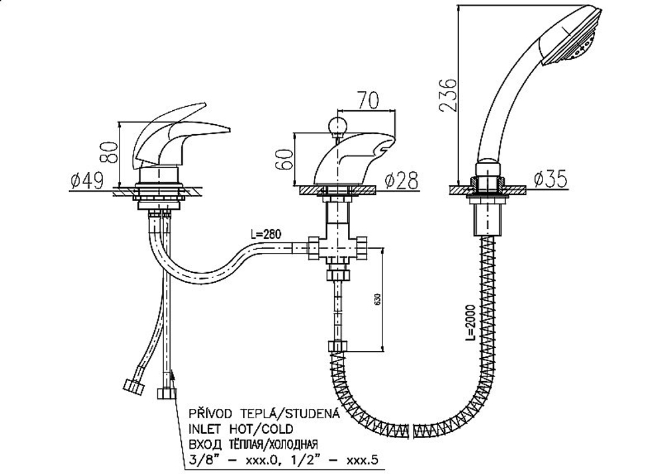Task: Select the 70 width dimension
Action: click(x=368, y=100)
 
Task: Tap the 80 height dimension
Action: click(x=108, y=153)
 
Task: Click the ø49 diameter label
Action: click(x=87, y=181)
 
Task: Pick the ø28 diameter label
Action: click(x=401, y=181)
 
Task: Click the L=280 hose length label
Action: click(x=266, y=234)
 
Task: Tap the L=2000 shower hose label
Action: click(x=473, y=324)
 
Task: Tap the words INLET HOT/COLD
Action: click(x=241, y=429)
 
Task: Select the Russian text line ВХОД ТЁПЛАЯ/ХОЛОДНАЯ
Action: click(x=253, y=444)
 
